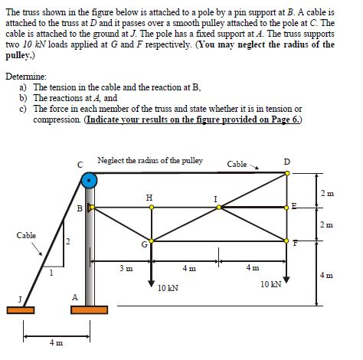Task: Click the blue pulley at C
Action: coord(90,181)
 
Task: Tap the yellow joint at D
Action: coord(287,173)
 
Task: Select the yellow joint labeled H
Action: coord(150,206)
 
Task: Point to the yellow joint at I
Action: coord(221,207)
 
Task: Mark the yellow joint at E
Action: coord(288,207)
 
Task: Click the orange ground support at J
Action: coord(23,310)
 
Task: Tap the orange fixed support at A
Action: coord(90,310)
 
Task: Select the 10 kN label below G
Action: coord(168,287)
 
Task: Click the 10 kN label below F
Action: coord(270,283)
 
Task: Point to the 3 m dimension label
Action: coord(126,268)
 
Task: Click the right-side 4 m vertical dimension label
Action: coord(328,274)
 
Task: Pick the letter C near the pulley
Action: coord(80,162)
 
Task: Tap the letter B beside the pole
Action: coord(80,208)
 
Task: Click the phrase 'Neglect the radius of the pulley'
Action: coord(150,160)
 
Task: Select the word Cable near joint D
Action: coord(237,163)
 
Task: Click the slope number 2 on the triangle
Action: coord(67,243)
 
